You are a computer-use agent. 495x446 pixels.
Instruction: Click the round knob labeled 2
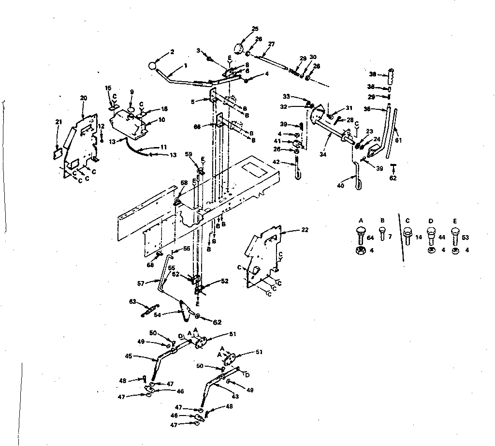point(154,66)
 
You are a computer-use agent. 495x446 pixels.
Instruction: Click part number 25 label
point(255,29)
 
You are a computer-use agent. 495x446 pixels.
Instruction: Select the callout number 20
point(83,98)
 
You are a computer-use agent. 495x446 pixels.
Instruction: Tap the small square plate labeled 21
point(57,152)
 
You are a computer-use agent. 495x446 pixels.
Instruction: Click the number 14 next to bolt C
point(419,237)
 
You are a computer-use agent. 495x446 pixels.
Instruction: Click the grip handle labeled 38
point(391,75)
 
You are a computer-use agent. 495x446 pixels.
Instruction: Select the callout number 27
point(271,44)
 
